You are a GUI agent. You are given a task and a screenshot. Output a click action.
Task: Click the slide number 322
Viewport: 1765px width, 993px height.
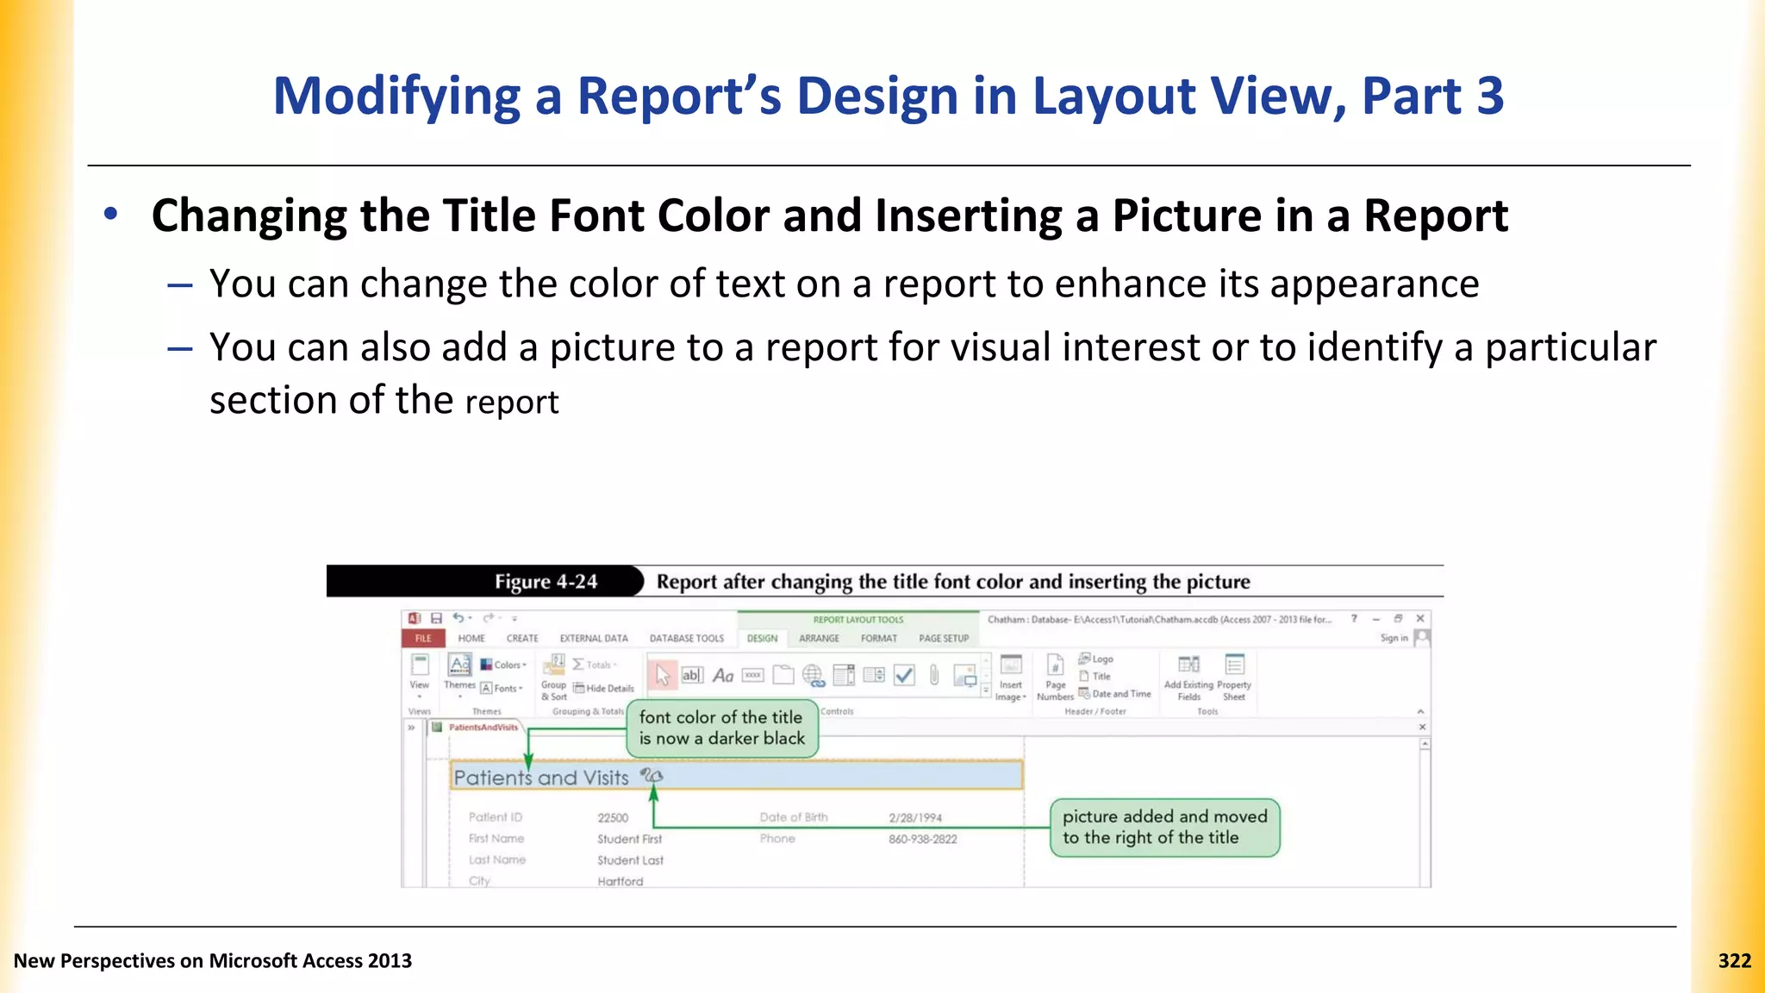click(x=1734, y=961)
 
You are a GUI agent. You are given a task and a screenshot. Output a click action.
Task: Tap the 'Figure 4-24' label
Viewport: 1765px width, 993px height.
click(x=546, y=582)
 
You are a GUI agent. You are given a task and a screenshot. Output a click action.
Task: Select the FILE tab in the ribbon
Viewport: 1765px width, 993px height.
click(x=423, y=639)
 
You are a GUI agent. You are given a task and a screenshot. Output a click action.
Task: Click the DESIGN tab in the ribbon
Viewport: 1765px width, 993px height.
click(x=762, y=639)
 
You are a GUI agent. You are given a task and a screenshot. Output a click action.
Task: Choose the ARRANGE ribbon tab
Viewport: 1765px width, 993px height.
click(x=819, y=639)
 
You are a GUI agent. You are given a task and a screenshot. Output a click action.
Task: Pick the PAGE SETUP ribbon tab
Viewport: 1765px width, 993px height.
click(x=944, y=639)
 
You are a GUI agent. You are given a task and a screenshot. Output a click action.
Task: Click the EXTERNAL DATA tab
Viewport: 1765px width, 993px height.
click(x=594, y=639)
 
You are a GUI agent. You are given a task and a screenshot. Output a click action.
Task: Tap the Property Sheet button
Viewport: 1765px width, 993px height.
click(x=1234, y=678)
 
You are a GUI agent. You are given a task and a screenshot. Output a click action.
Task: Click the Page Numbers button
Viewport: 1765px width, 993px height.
click(x=1055, y=678)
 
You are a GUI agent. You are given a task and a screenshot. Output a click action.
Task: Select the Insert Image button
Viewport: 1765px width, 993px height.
click(x=1011, y=678)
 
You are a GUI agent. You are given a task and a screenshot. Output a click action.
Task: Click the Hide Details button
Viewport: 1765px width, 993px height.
click(x=604, y=689)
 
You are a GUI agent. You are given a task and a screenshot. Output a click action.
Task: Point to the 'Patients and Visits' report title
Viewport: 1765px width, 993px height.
click(x=541, y=778)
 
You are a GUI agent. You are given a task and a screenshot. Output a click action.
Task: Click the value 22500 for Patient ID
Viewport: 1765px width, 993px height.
click(x=613, y=818)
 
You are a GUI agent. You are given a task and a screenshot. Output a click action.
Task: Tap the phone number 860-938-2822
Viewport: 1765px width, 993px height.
click(x=922, y=840)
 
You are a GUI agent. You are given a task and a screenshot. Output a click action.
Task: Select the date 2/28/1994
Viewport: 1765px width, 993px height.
click(x=915, y=818)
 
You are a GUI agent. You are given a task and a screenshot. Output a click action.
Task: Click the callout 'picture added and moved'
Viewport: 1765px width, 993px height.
click(x=1164, y=827)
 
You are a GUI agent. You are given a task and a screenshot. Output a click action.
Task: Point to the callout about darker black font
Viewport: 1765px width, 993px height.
click(x=721, y=728)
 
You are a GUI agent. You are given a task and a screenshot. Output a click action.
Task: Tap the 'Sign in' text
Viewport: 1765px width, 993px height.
click(x=1394, y=639)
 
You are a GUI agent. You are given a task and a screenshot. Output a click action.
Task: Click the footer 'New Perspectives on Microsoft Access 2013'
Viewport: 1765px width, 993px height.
click(x=213, y=961)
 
